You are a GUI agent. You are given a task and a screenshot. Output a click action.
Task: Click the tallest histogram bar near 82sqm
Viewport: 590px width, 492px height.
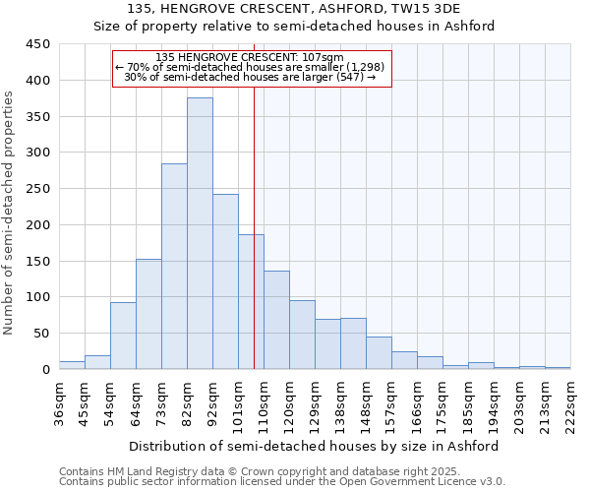coord(200,233)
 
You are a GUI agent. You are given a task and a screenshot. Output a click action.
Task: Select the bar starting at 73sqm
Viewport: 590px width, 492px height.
coord(174,266)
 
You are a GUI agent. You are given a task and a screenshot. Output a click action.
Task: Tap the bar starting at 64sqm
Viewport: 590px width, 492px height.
coord(148,314)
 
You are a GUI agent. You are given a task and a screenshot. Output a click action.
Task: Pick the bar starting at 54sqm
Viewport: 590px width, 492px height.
coord(123,336)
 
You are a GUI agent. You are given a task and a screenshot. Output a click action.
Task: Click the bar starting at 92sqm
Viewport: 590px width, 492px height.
coord(225,281)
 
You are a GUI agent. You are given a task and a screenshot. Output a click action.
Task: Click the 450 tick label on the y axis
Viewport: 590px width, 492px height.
coord(37,44)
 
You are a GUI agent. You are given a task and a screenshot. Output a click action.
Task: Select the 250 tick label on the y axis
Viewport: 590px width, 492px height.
coord(37,189)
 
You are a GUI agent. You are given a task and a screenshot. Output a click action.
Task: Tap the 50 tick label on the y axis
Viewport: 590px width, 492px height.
coord(41,334)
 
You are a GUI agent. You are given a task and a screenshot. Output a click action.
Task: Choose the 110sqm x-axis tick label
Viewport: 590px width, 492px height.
coord(264,403)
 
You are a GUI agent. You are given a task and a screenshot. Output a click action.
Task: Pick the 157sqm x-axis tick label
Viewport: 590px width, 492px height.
coord(391,403)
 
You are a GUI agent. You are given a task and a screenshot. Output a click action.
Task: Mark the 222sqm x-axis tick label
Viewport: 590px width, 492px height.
coord(570,403)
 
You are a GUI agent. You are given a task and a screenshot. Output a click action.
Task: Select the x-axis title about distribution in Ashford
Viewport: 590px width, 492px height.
coord(315,446)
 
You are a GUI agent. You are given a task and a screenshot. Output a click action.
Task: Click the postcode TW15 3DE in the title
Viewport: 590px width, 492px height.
coord(433,9)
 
